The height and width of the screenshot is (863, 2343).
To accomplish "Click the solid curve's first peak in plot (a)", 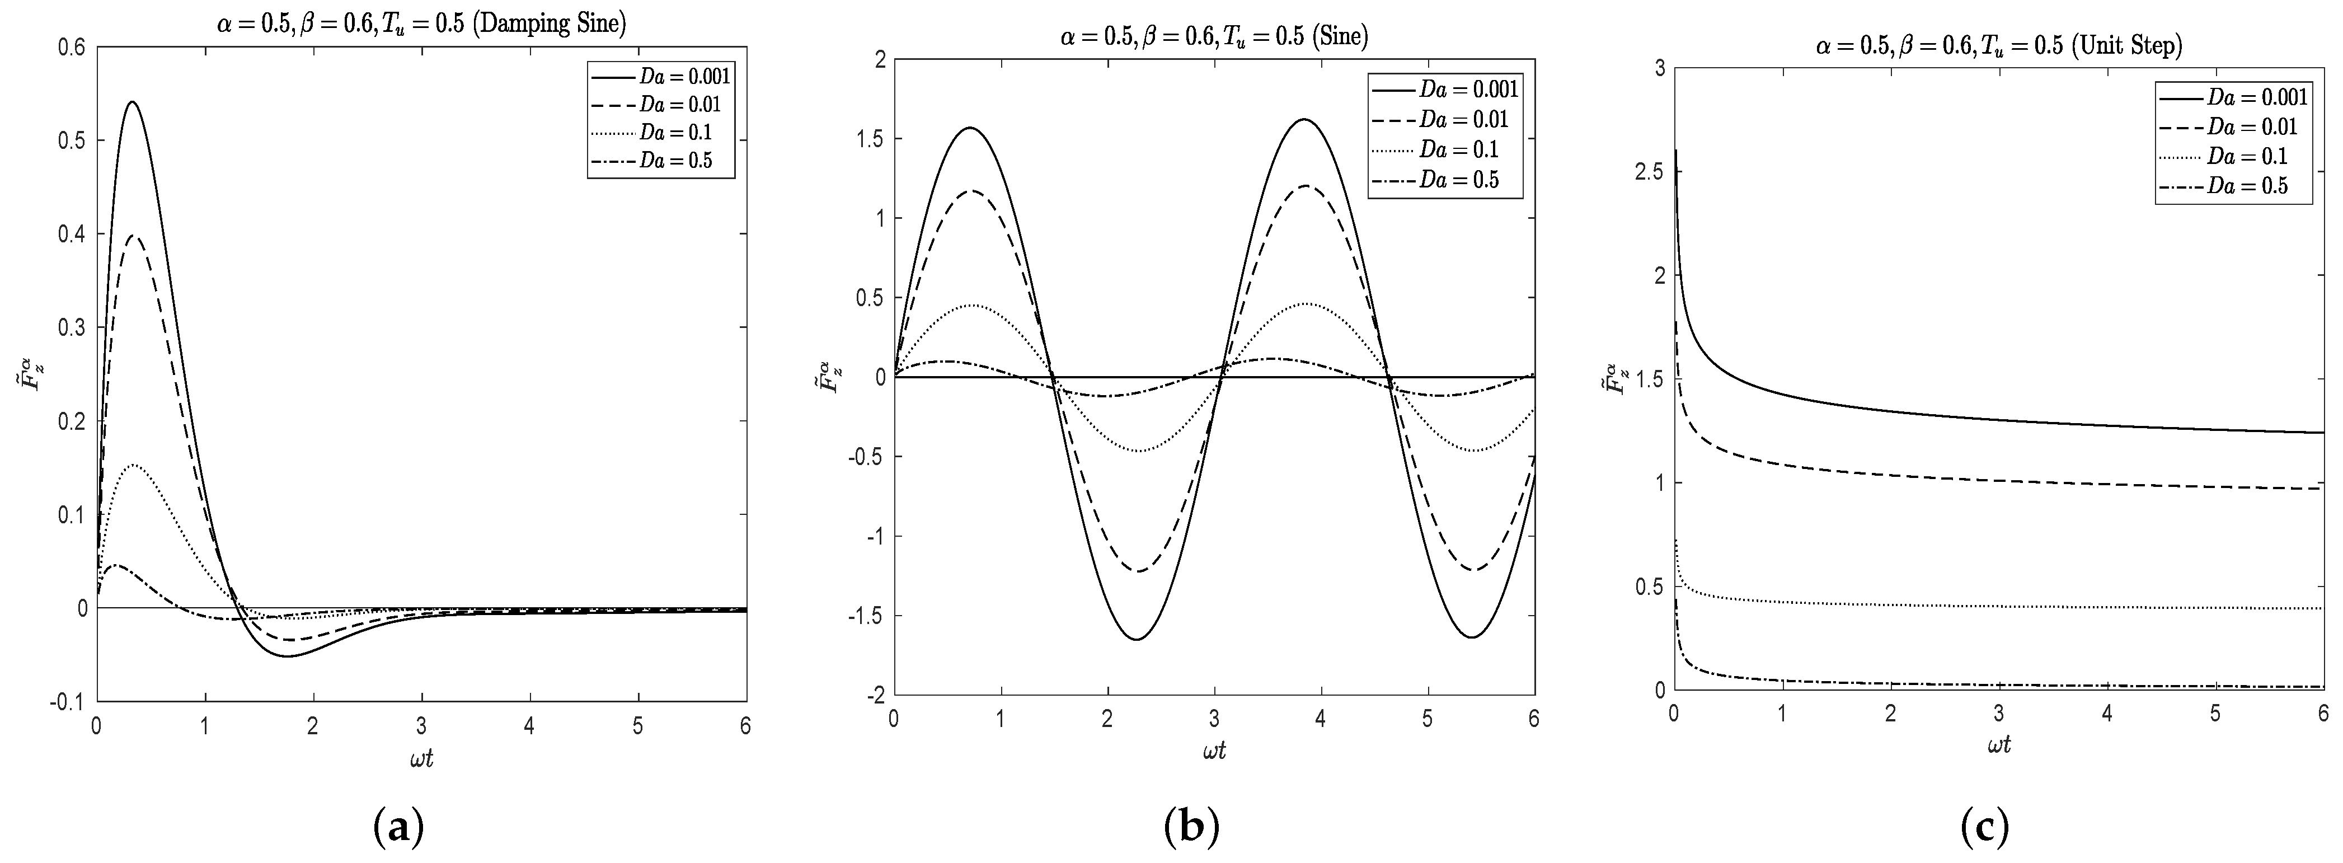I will [133, 102].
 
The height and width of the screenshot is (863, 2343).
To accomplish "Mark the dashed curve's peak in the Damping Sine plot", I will [135, 236].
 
